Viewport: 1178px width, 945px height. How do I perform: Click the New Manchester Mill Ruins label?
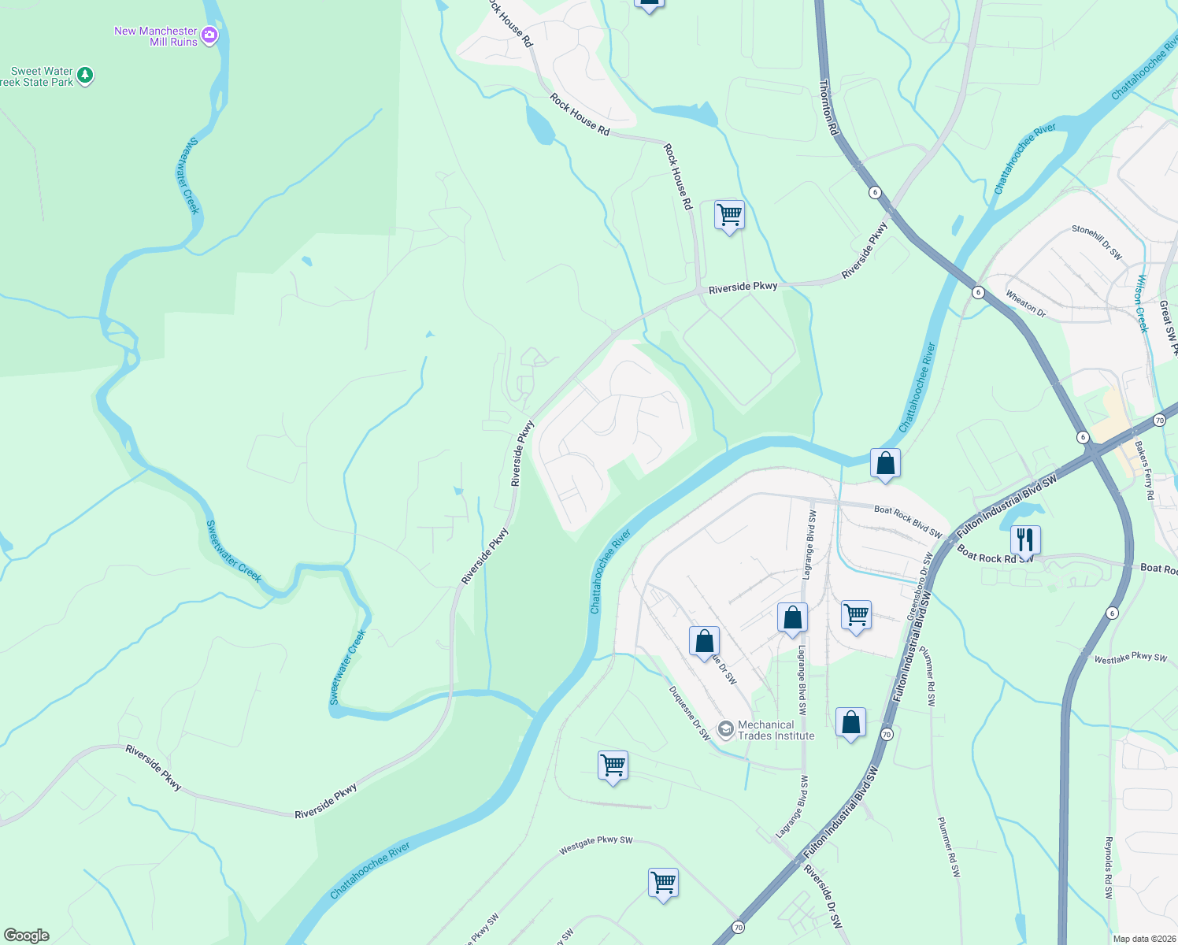click(x=156, y=36)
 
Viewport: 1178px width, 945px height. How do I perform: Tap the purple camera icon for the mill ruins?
click(x=209, y=35)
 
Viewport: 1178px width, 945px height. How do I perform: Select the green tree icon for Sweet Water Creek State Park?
click(x=85, y=76)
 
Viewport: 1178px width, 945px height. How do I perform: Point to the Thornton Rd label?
click(x=828, y=107)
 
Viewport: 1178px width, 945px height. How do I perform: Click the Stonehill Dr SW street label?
click(x=1097, y=243)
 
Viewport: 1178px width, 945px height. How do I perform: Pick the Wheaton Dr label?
click(x=1025, y=303)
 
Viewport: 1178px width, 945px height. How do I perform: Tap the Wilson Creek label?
click(x=1141, y=303)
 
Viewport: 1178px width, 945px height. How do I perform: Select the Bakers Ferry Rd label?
click(x=1144, y=470)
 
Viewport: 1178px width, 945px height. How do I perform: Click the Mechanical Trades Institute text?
click(x=776, y=730)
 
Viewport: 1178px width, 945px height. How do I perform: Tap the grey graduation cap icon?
click(x=725, y=729)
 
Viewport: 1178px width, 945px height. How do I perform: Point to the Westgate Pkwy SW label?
click(x=596, y=845)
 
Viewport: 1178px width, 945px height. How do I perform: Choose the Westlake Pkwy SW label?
click(x=1130, y=658)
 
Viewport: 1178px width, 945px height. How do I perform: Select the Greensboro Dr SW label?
click(x=919, y=586)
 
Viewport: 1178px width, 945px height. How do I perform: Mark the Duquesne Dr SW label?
click(x=690, y=713)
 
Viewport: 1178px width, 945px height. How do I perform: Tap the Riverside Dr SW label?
click(x=823, y=896)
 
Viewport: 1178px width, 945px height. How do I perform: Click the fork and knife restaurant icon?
click(x=1024, y=539)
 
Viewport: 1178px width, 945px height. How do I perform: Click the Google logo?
click(x=26, y=935)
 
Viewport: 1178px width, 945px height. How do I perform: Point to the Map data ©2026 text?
click(x=1142, y=939)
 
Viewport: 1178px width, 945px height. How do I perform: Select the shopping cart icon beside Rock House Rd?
click(x=729, y=214)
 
